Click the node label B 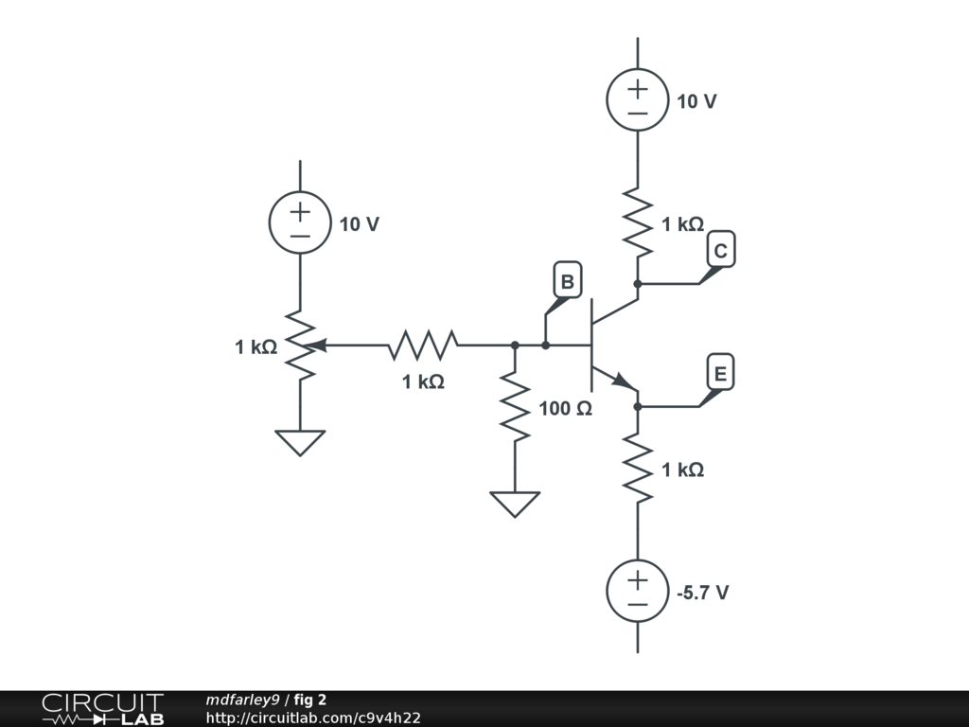[x=567, y=281]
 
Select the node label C [x=720, y=251]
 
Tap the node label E [x=719, y=374]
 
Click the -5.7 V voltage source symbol [x=637, y=592]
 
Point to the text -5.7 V [x=702, y=593]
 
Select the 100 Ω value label [x=565, y=409]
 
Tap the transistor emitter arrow [x=623, y=381]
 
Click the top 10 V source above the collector [x=637, y=100]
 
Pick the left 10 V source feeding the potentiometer [x=300, y=223]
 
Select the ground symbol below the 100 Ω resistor [x=515, y=504]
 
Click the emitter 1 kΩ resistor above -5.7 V [x=637, y=470]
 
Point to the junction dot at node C [x=637, y=283]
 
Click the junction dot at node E [x=637, y=406]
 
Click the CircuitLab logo [x=102, y=709]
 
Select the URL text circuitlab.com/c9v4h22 [x=313, y=718]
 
